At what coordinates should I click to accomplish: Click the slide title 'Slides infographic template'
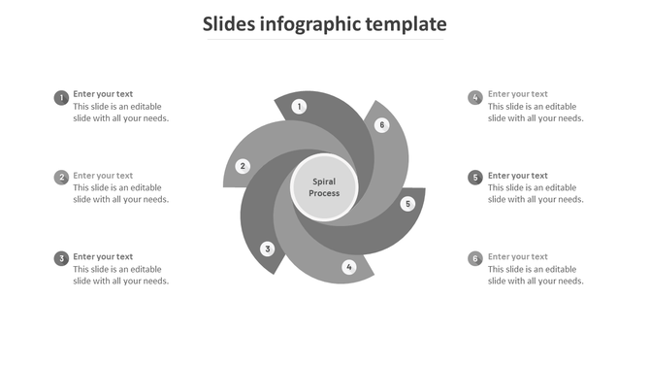324,24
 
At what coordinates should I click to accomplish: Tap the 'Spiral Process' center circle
325,187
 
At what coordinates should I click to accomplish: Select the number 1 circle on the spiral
300,107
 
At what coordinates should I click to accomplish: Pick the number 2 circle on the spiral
244,166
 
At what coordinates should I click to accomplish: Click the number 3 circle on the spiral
268,249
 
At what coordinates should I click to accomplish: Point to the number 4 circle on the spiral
349,267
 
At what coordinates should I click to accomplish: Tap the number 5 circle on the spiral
407,204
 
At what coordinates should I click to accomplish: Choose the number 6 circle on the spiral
382,125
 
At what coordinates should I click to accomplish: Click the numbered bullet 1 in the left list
61,97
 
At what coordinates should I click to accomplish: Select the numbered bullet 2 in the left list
61,178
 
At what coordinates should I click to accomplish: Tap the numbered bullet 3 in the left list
61,258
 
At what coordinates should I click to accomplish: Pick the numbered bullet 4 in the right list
475,97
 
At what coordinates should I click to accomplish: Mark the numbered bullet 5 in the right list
475,178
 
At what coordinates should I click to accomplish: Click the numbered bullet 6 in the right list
475,258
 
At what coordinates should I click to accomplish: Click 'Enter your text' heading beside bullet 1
103,94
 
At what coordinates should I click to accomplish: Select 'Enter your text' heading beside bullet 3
103,257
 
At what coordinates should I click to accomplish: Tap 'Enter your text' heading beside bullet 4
518,94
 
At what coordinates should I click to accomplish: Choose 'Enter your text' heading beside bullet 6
518,257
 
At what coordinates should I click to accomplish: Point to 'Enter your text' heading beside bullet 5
518,176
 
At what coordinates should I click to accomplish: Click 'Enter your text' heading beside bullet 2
103,176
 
